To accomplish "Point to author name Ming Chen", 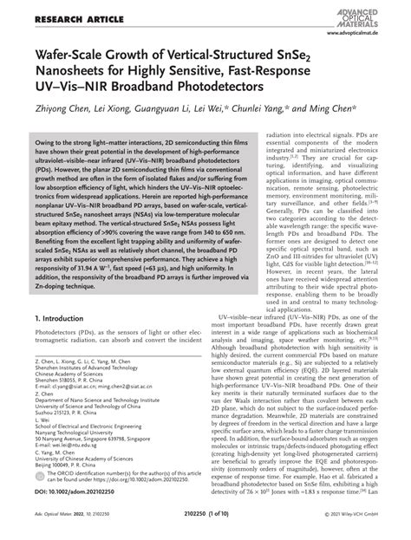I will click(x=324, y=114).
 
